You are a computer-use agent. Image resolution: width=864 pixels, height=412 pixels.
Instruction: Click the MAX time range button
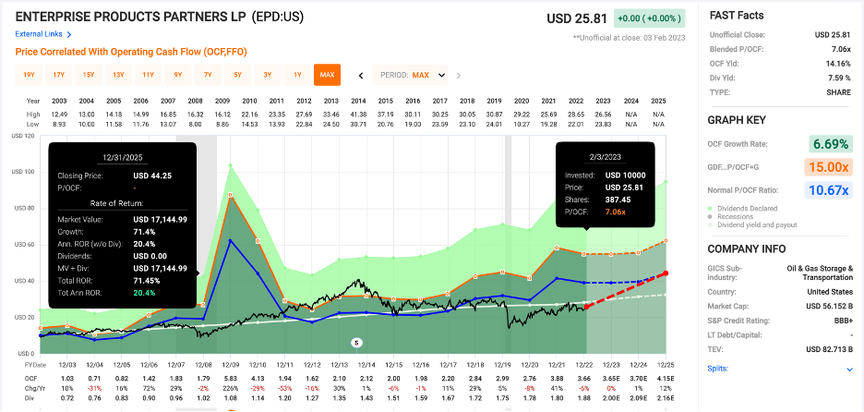326,75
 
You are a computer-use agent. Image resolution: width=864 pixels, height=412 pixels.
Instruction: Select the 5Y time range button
237,75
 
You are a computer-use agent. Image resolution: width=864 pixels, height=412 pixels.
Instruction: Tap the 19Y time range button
29,75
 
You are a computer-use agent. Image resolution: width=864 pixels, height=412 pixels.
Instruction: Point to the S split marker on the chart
356,342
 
